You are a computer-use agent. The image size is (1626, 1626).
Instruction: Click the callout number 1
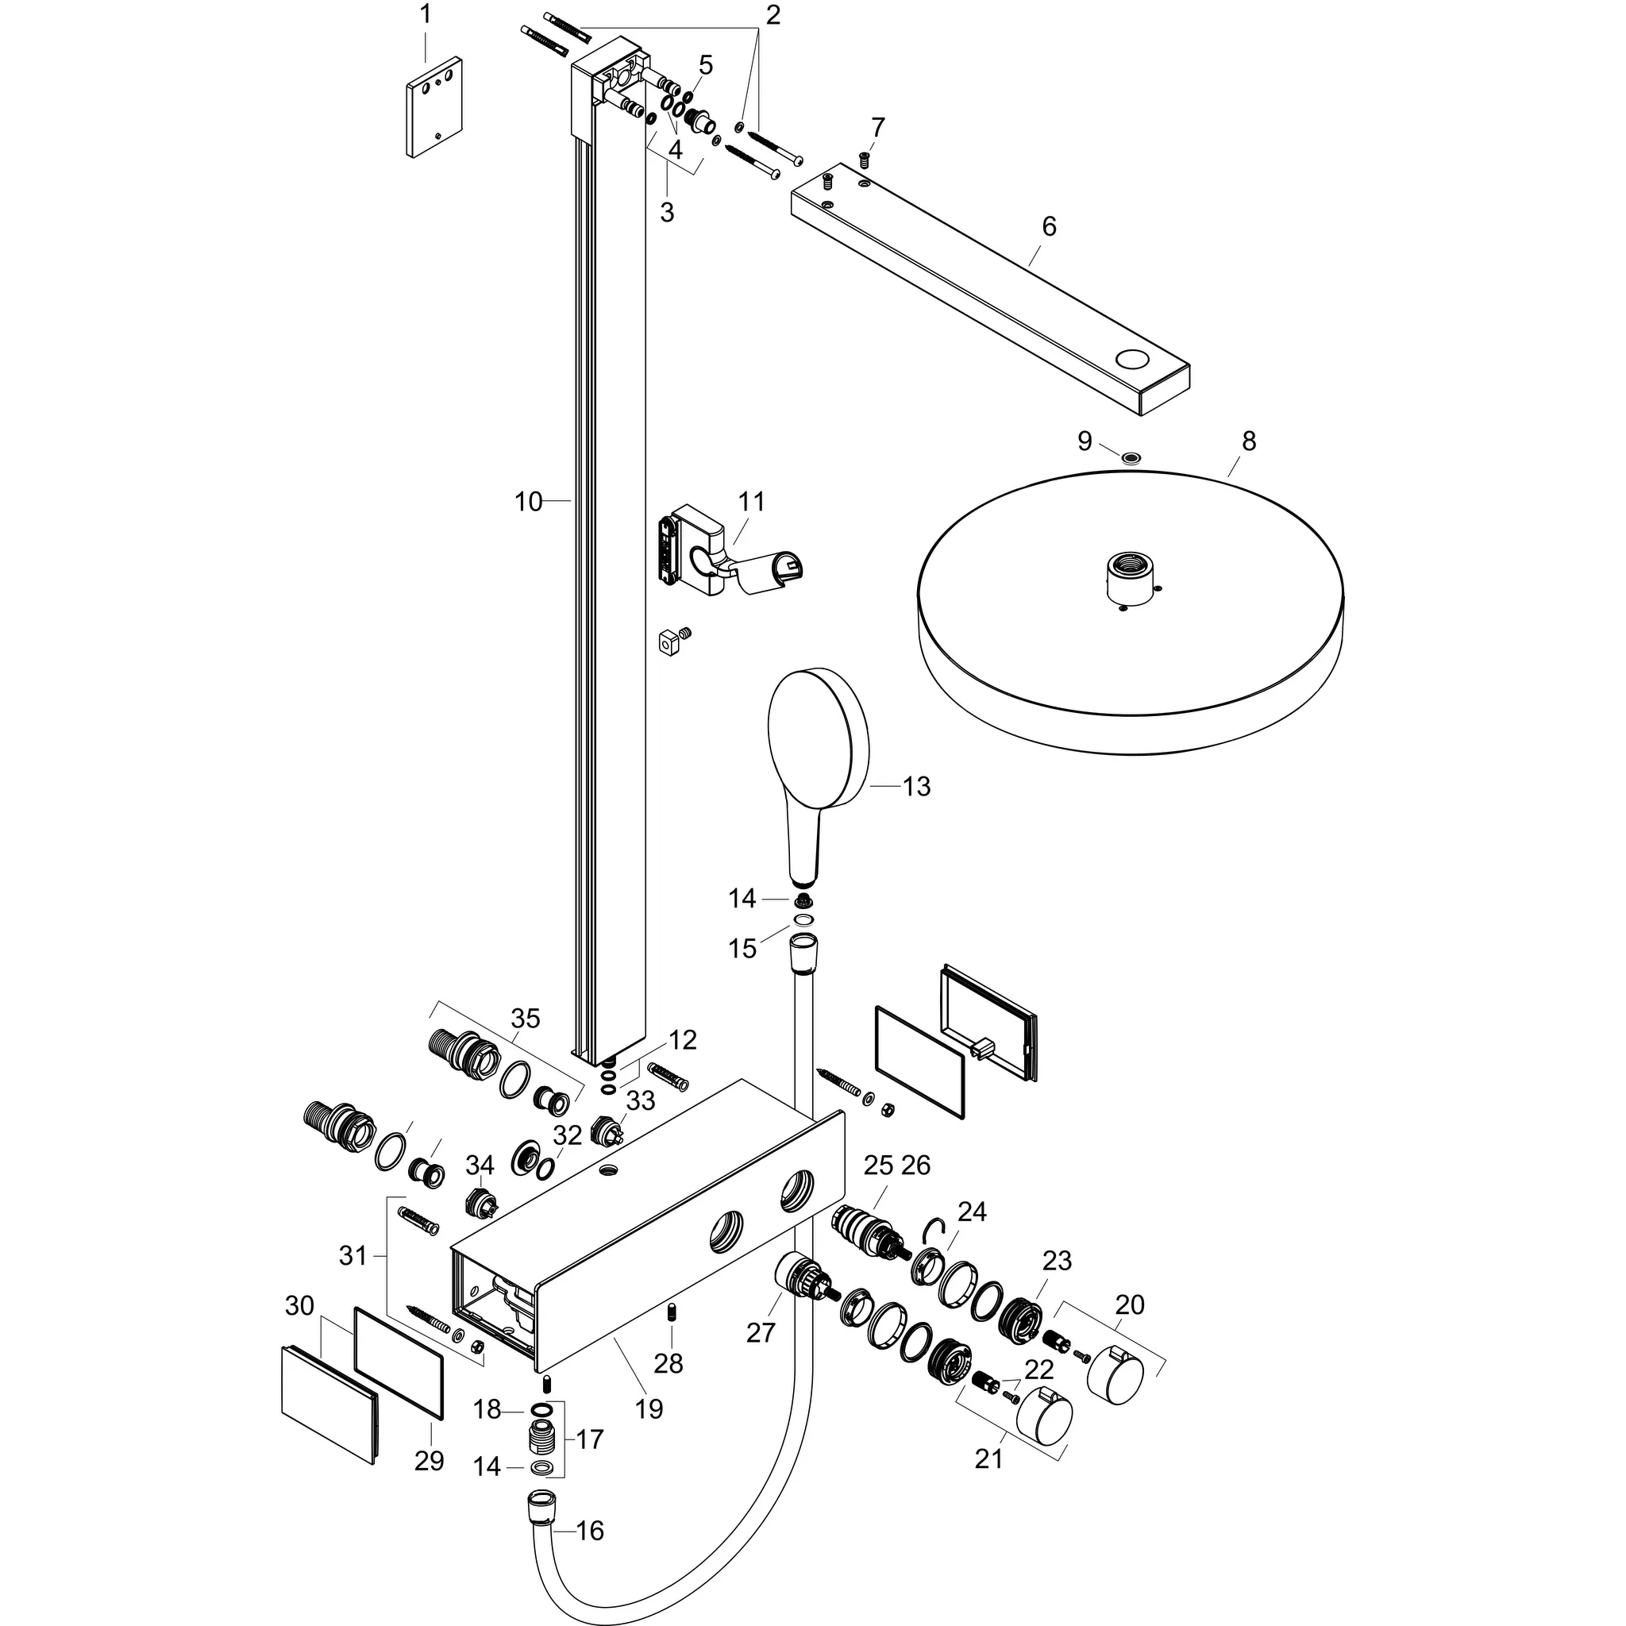425,14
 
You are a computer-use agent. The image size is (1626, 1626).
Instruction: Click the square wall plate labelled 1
433,107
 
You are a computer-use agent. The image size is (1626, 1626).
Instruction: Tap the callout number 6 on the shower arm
1049,226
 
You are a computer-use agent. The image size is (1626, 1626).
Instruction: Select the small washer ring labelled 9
1133,457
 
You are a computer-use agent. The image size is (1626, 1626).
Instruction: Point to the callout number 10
529,503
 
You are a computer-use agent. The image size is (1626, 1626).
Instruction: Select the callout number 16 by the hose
590,1530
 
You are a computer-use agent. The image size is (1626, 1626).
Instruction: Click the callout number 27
760,1332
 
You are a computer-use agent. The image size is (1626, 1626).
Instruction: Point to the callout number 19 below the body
649,1409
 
